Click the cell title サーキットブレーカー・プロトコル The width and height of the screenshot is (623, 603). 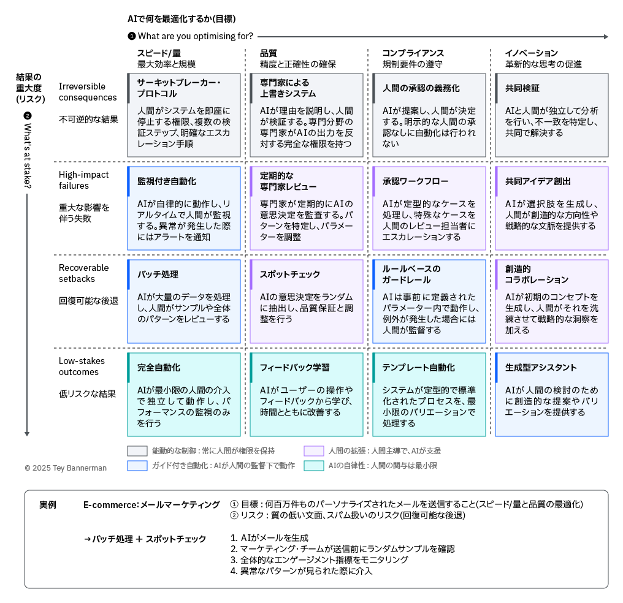(179, 88)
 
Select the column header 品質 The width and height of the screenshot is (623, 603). (268, 53)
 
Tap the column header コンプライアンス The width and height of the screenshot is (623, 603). (413, 53)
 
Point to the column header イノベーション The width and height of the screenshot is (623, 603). (531, 53)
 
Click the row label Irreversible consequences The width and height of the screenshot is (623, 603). (88, 92)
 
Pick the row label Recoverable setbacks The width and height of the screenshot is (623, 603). (84, 273)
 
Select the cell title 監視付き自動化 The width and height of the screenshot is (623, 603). (166, 181)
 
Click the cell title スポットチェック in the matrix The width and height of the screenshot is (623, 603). (289, 275)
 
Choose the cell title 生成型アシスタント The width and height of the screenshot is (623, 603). (541, 368)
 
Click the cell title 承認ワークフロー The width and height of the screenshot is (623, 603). (415, 181)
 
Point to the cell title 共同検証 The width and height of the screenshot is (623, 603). (522, 88)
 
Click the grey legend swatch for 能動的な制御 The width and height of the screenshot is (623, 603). (137, 451)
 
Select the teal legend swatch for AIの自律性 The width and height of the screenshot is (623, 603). (314, 466)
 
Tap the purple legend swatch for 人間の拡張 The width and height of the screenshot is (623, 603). (314, 451)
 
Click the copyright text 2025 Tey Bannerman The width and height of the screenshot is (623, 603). (69, 468)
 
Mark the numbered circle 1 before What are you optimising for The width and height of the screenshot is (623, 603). (131, 36)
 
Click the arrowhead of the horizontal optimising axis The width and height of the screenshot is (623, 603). (606, 37)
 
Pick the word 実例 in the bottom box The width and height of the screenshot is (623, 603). (48, 505)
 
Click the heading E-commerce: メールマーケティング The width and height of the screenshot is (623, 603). (151, 505)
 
